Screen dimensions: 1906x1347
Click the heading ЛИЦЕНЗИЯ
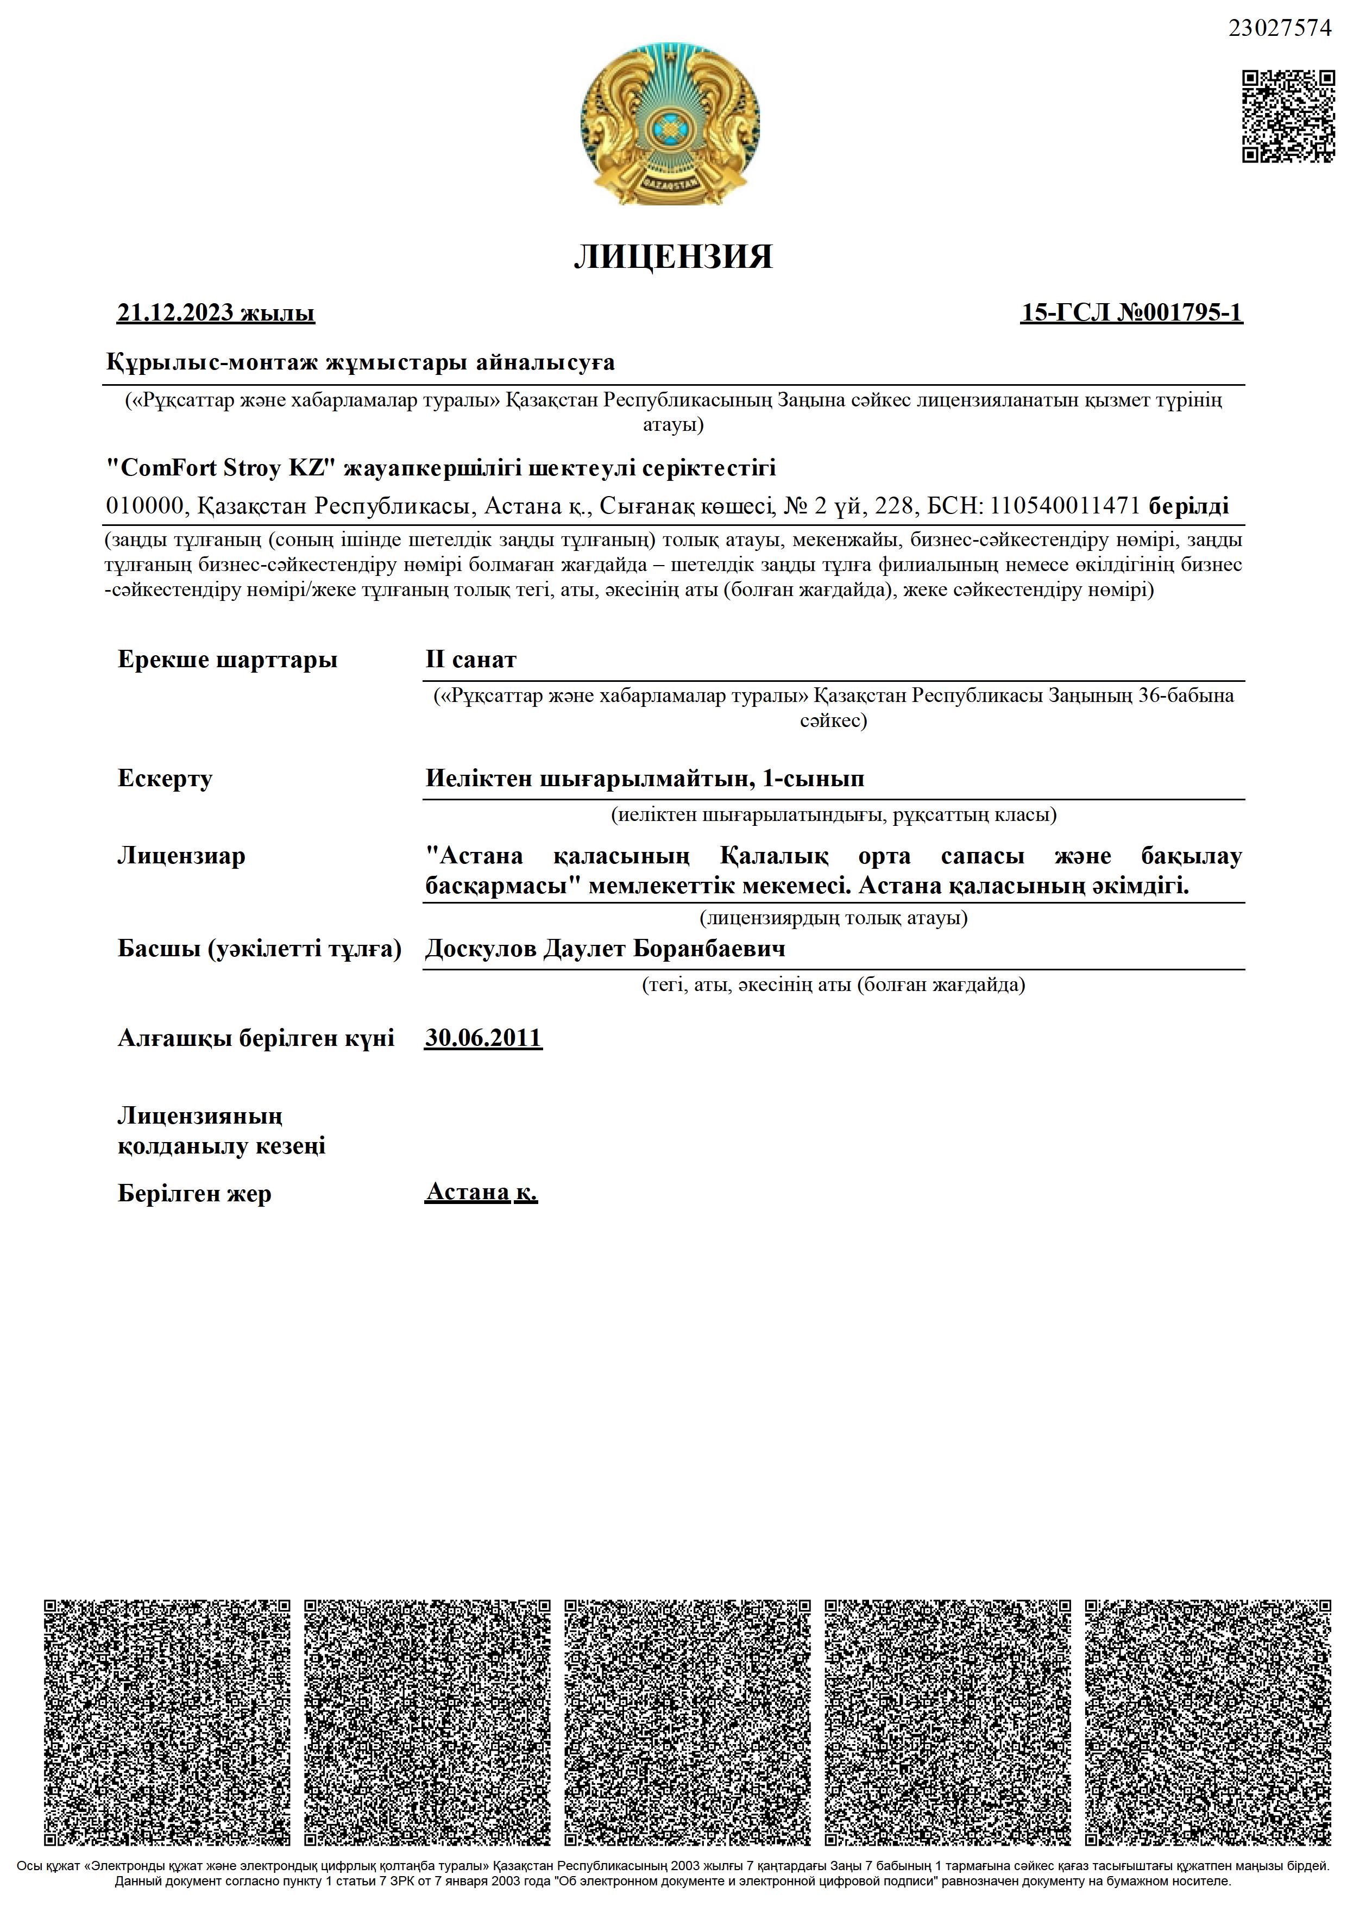pos(673,258)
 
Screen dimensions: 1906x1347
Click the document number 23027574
pos(1279,29)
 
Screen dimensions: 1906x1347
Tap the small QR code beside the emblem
pos(1288,116)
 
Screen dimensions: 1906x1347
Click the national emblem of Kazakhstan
pos(670,124)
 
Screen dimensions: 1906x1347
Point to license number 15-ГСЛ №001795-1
pos(1131,313)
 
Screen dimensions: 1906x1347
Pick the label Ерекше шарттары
pos(228,661)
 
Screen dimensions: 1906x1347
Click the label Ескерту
pos(165,779)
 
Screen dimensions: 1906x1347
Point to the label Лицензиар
pos(182,856)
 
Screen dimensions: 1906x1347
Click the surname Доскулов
pos(480,948)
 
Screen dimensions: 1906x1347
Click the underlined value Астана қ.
pos(481,1192)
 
